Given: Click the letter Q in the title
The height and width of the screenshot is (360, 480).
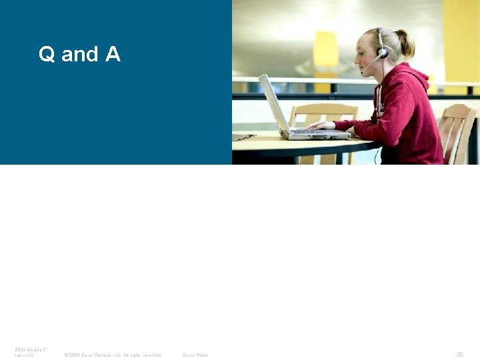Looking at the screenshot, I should (46, 54).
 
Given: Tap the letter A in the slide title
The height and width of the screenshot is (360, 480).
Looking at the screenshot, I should (113, 53).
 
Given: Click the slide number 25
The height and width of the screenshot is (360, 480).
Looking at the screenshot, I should (460, 355).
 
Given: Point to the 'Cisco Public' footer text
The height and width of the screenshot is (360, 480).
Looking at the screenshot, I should (195, 355).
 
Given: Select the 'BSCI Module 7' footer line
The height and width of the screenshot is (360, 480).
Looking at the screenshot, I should (29, 349).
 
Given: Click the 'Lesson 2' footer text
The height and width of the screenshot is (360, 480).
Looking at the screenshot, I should (25, 355).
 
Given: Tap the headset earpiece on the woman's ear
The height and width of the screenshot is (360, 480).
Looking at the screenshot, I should (383, 51).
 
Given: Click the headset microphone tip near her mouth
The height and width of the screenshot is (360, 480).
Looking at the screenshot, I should (363, 72).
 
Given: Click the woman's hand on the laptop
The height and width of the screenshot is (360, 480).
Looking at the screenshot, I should (322, 125).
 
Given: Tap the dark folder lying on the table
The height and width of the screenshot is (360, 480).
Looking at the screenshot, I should (242, 137).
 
